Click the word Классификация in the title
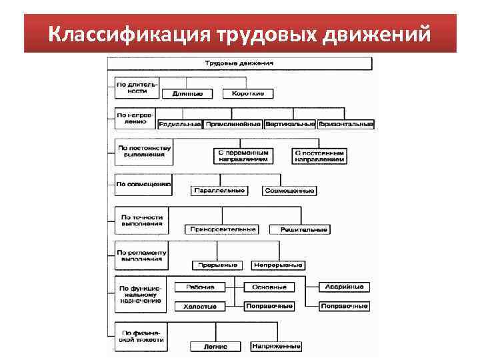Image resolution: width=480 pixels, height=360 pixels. [x=129, y=33]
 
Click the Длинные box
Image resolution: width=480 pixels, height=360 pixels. [x=187, y=93]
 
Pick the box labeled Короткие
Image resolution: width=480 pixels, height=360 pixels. [x=248, y=93]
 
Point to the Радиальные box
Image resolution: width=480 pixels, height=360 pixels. [x=180, y=124]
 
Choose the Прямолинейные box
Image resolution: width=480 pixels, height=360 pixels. [x=233, y=124]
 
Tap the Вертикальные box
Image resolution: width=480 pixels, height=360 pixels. [x=290, y=124]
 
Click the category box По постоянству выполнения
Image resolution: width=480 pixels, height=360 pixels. [x=144, y=152]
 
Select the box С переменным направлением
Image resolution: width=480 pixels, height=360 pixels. [x=243, y=156]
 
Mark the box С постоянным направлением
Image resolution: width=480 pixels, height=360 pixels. [x=319, y=156]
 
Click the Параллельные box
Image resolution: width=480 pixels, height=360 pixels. [x=219, y=191]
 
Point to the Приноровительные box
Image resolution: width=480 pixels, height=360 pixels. [x=223, y=229]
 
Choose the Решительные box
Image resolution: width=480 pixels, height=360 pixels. [x=299, y=229]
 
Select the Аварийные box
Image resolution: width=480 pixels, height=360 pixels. [x=344, y=287]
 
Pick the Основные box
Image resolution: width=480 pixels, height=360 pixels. [x=269, y=287]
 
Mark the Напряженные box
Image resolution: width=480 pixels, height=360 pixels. [x=276, y=347]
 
